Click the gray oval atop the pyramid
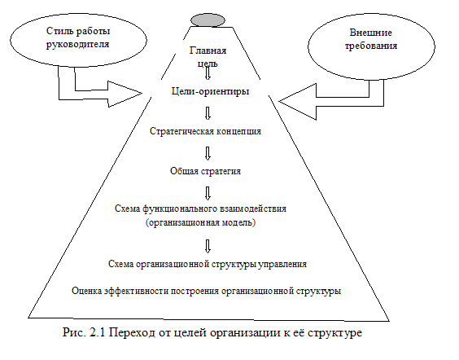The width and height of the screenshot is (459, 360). [208, 20]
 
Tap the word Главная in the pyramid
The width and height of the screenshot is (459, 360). [208, 50]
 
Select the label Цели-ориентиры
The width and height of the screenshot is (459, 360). [210, 91]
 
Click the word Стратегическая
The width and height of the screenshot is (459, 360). [181, 131]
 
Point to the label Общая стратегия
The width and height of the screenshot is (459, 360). [205, 171]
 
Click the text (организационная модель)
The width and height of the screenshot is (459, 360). [200, 222]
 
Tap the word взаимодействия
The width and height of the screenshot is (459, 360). [252, 209]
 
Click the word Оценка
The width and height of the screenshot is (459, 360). [86, 291]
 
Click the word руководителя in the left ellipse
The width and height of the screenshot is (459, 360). [77, 45]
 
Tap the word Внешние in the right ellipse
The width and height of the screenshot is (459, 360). [370, 33]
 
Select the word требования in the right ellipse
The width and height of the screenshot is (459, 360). [371, 46]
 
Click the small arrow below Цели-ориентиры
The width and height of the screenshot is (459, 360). [208, 113]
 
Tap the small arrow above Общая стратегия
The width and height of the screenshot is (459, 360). [208, 153]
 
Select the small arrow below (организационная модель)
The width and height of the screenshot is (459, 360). [208, 246]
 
